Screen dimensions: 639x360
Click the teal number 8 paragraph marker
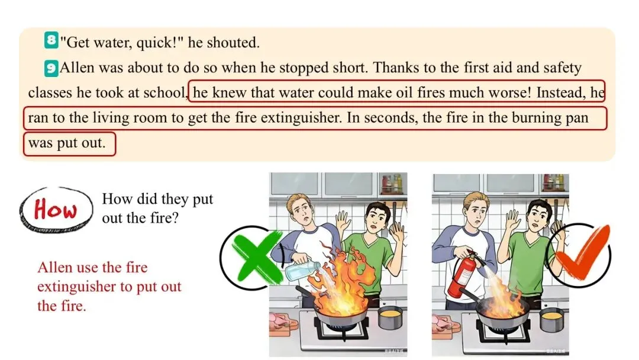[x=51, y=40]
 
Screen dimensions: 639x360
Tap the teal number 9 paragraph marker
[x=51, y=68]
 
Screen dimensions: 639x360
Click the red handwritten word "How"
[x=55, y=210]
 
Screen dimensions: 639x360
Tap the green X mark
[x=257, y=258]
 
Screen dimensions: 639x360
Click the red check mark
[x=583, y=255]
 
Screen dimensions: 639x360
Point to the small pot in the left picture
[x=390, y=318]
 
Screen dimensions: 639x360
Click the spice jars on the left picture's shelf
[x=391, y=184]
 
